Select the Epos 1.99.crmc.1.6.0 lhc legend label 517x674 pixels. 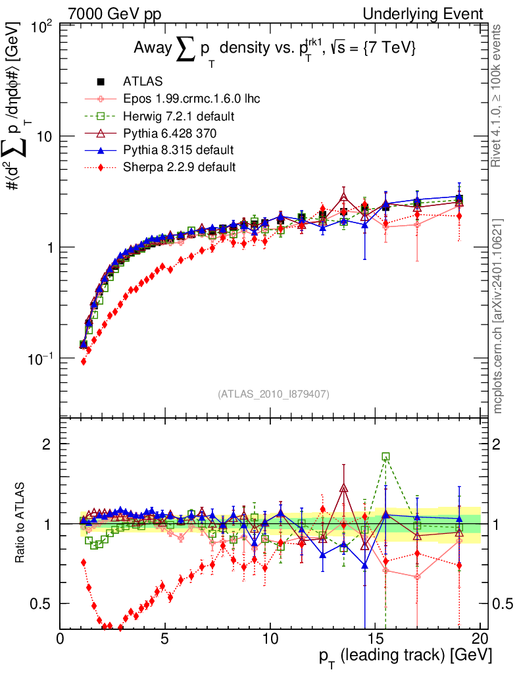pyautogui.click(x=191, y=99)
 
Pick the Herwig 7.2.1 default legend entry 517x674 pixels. pyautogui.click(x=180, y=117)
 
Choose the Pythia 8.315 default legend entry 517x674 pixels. pyautogui.click(x=178, y=150)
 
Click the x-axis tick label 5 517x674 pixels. pyautogui.click(x=165, y=640)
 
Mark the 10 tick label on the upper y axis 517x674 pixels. pyautogui.click(x=44, y=136)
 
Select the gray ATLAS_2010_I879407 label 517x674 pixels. pyautogui.click(x=274, y=394)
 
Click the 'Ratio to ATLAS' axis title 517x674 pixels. pyautogui.click(x=21, y=523)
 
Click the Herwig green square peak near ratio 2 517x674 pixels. pyautogui.click(x=385, y=456)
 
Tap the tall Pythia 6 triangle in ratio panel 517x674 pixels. pyautogui.click(x=343, y=488)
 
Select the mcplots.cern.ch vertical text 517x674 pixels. pyautogui.click(x=498, y=316)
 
